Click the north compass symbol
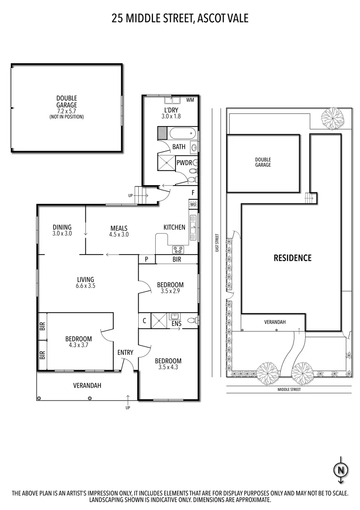(340, 469)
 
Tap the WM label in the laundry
(190, 100)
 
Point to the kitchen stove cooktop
(178, 249)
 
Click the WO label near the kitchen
(193, 204)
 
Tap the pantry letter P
(147, 259)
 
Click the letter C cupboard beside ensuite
(144, 320)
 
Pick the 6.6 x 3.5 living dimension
(85, 286)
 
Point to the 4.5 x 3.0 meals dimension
(119, 234)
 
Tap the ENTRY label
(126, 352)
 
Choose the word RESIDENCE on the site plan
(293, 258)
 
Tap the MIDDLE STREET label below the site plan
(289, 390)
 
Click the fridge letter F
(193, 193)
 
